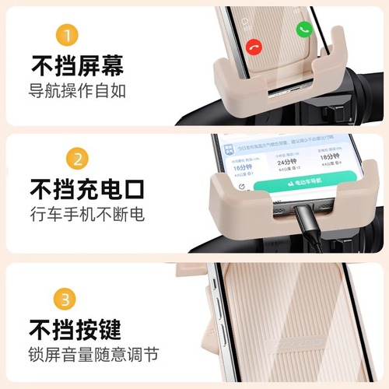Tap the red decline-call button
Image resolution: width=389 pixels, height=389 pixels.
click(x=254, y=47)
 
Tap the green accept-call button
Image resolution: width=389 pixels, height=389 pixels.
click(x=304, y=29)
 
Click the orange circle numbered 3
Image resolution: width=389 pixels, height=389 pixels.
click(x=66, y=299)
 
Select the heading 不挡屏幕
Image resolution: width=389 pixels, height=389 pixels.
click(x=77, y=65)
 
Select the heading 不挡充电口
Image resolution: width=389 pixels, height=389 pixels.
click(x=86, y=189)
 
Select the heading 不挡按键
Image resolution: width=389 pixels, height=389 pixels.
click(x=77, y=328)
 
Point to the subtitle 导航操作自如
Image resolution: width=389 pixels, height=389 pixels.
click(x=78, y=89)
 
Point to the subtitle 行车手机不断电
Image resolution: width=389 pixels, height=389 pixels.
click(x=87, y=214)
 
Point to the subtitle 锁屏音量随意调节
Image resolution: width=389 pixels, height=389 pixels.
click(x=94, y=354)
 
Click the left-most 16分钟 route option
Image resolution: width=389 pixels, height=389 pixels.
click(x=244, y=166)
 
